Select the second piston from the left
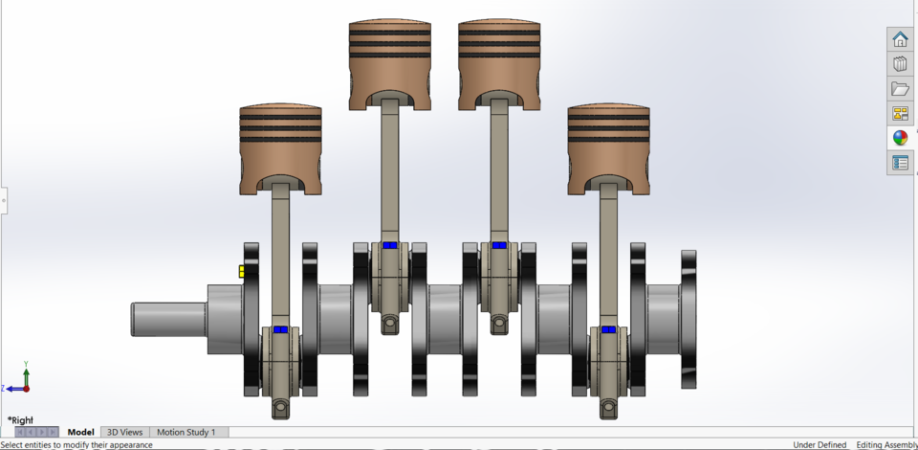(388, 57)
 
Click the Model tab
(80, 432)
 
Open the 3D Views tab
(124, 432)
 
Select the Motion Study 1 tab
(186, 432)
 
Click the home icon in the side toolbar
(900, 39)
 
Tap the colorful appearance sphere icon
(900, 138)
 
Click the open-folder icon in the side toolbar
(900, 89)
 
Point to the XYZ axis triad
(21, 380)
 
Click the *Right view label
(21, 419)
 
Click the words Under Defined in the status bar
(820, 444)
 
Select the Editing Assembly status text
(885, 444)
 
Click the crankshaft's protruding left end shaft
(168, 318)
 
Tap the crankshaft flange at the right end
(688, 319)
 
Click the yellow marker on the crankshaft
(242, 271)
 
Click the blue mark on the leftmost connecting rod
(280, 329)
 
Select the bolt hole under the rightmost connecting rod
(608, 409)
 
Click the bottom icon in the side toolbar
(900, 163)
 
